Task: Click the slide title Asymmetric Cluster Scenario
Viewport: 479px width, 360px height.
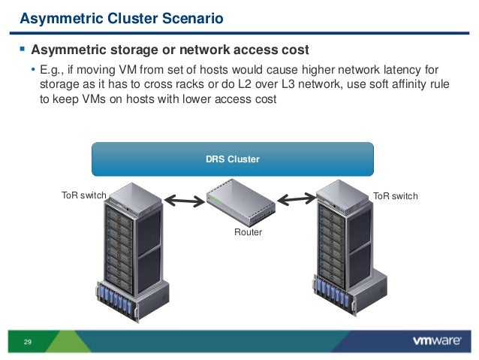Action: pos(120,18)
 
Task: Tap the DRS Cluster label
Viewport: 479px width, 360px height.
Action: pos(232,159)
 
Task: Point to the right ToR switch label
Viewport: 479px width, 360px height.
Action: pos(396,196)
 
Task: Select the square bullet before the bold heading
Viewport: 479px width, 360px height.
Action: pos(23,50)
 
